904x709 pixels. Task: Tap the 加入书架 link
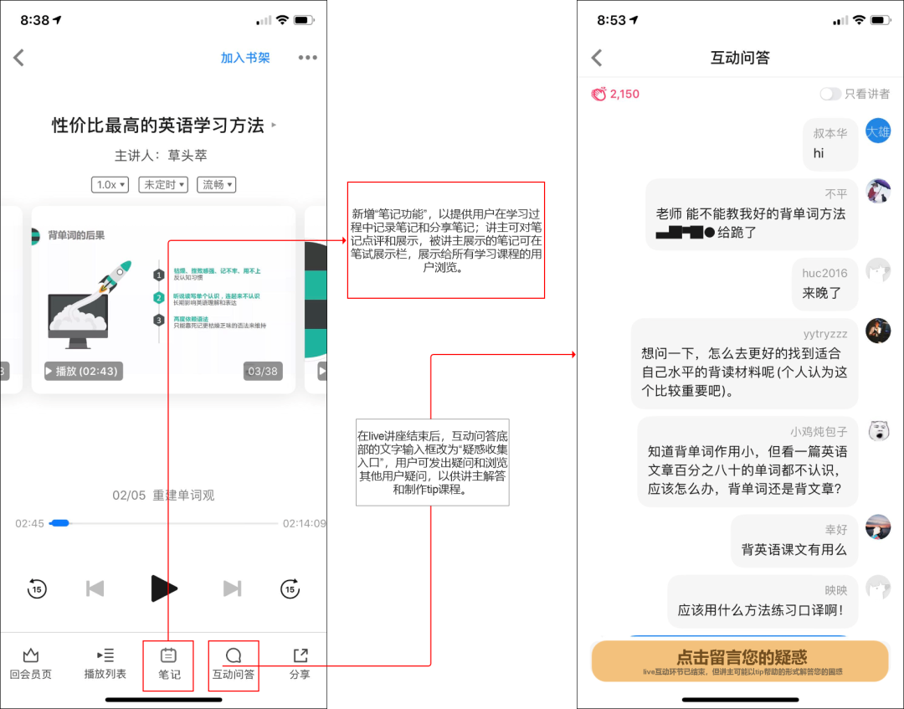point(245,58)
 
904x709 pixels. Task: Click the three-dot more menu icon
point(308,58)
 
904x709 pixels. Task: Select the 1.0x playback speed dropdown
point(110,185)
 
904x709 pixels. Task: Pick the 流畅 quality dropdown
point(216,185)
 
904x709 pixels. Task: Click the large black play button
point(163,588)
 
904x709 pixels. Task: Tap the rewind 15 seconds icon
point(36,588)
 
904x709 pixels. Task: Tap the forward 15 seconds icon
point(290,588)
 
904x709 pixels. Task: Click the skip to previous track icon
point(95,588)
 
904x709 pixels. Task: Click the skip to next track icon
point(232,588)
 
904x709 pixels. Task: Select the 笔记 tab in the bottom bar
point(168,665)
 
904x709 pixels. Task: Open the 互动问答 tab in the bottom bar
point(234,665)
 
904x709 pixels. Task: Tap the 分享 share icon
point(300,665)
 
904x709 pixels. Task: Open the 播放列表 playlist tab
point(105,665)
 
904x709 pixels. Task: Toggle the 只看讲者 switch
point(830,95)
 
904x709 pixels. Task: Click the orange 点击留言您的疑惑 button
point(739,661)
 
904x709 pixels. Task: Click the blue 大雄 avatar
point(878,131)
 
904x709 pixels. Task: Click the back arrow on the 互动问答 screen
point(597,58)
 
